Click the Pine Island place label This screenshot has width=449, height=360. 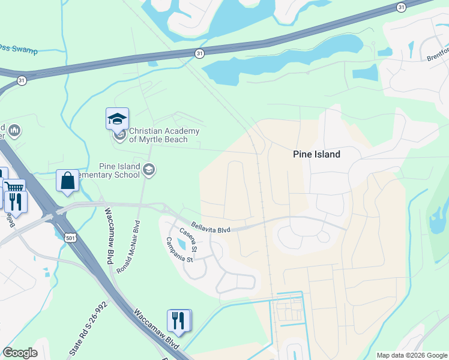click(316, 154)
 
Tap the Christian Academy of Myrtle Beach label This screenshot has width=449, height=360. click(164, 136)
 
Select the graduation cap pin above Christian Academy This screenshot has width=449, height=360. click(117, 119)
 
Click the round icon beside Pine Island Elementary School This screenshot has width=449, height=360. click(149, 171)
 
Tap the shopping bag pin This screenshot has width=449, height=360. click(67, 181)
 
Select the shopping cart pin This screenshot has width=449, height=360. click(13, 187)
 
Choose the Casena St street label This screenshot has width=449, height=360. click(187, 239)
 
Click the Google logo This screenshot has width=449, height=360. click(20, 353)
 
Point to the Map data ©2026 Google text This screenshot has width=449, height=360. click(412, 355)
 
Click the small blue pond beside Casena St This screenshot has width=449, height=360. click(182, 243)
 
